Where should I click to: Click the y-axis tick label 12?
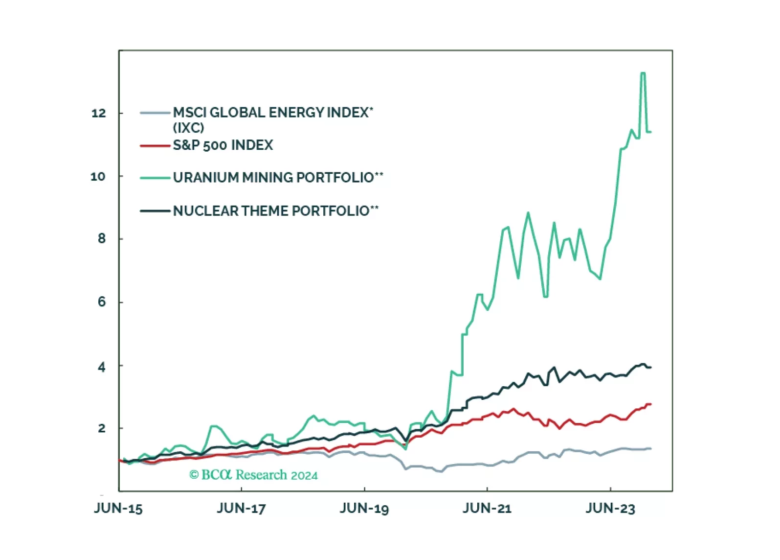[x=99, y=114]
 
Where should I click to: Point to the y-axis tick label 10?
[x=98, y=177]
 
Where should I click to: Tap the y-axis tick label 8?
[x=102, y=239]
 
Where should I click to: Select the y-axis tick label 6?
[x=102, y=302]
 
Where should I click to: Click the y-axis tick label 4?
[x=102, y=367]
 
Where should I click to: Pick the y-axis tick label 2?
[x=102, y=428]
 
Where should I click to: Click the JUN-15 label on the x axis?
[x=118, y=509]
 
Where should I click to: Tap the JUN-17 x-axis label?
[x=241, y=509]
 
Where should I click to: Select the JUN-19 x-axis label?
[x=364, y=509]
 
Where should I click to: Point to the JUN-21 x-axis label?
[x=487, y=509]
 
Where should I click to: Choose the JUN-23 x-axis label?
[x=610, y=509]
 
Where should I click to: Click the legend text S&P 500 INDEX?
[x=223, y=145]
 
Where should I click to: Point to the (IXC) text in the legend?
[x=189, y=128]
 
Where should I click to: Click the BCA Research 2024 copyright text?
[x=253, y=475]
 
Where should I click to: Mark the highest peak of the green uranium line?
[x=643, y=73]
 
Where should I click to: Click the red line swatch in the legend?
[x=155, y=146]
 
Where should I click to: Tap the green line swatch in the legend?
[x=155, y=178]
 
